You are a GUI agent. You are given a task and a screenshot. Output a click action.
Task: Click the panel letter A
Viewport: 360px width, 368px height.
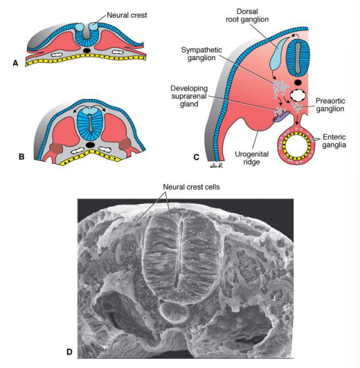[x=15, y=62]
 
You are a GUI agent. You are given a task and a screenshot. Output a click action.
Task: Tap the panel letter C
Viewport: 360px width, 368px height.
[x=197, y=157]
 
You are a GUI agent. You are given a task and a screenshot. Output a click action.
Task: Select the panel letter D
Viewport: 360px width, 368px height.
[x=69, y=351]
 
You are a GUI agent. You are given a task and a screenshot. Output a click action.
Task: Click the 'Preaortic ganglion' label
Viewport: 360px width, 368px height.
[x=325, y=104]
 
